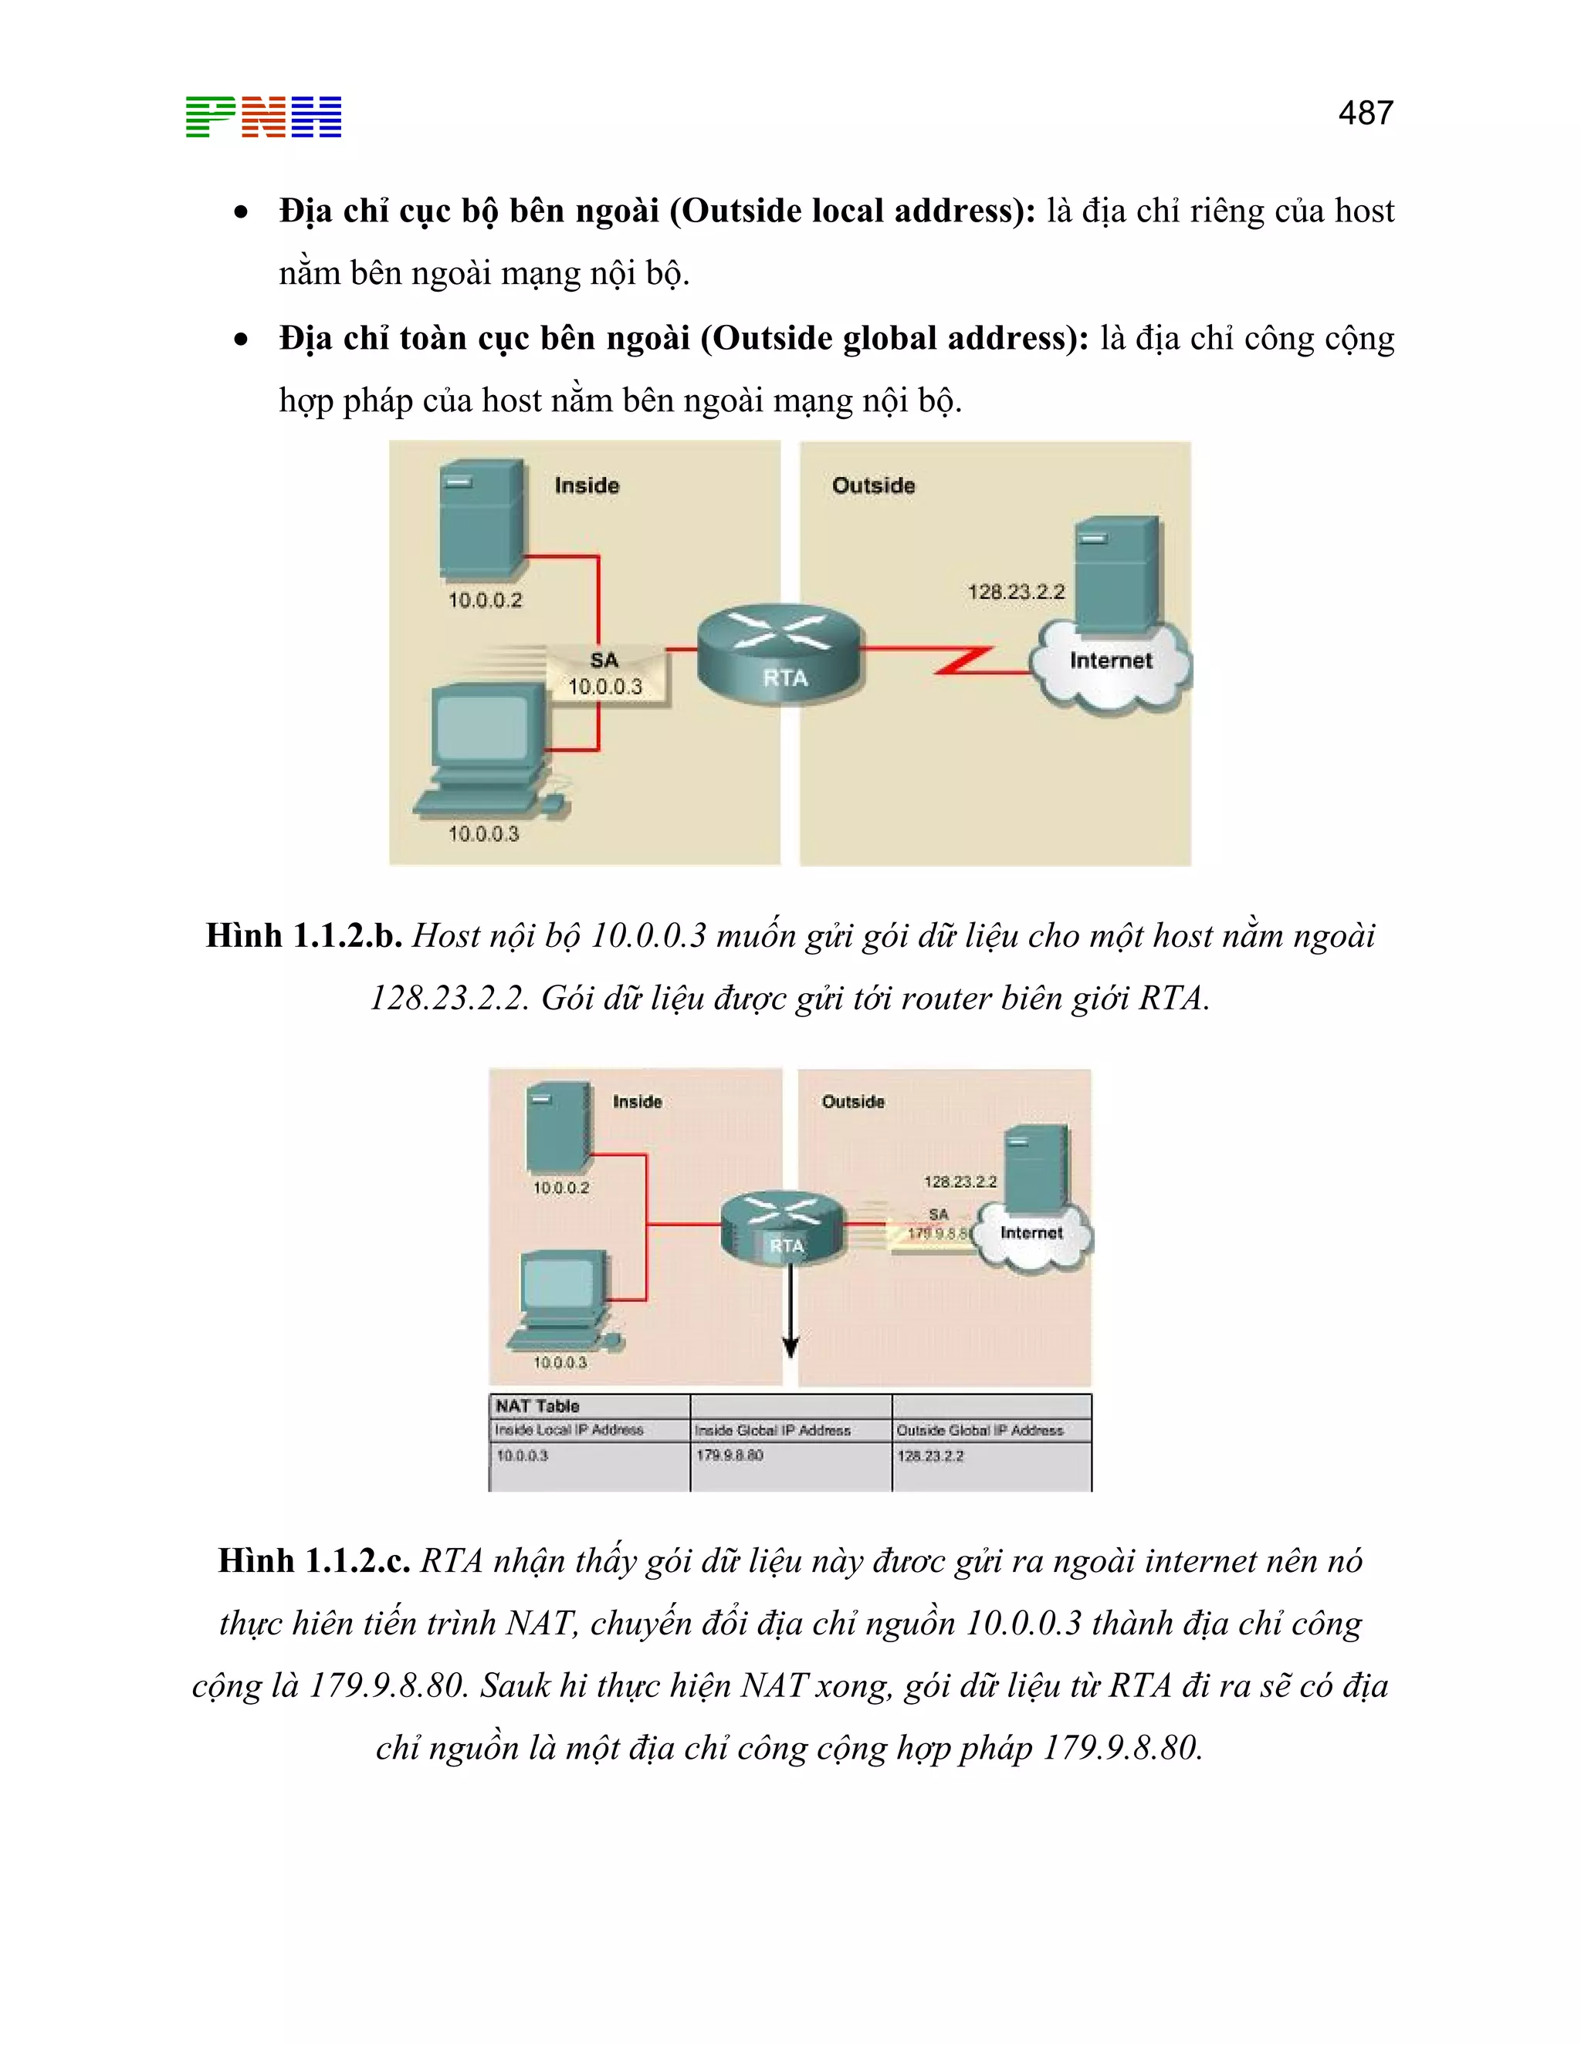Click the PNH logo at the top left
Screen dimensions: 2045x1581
pyautogui.click(x=263, y=117)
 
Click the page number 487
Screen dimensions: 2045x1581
pyautogui.click(x=1365, y=113)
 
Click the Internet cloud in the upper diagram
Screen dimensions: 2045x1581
pyautogui.click(x=1111, y=664)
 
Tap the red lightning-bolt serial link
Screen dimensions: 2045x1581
pyautogui.click(x=965, y=660)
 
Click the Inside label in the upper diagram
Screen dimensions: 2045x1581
pyautogui.click(x=587, y=485)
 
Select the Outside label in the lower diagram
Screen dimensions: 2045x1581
pyautogui.click(x=852, y=1101)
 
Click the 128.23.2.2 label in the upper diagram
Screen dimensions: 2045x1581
pyautogui.click(x=1016, y=592)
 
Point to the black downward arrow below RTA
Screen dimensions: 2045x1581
pyautogui.click(x=790, y=1311)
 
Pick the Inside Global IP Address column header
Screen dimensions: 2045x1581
pyautogui.click(x=773, y=1430)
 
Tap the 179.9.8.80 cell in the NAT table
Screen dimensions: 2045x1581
pyautogui.click(x=730, y=1455)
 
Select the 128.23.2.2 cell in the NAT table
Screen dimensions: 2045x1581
pyautogui.click(x=930, y=1455)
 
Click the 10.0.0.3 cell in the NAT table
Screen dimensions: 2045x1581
pyautogui.click(x=522, y=1455)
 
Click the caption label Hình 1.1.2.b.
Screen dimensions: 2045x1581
pyautogui.click(x=303, y=935)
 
